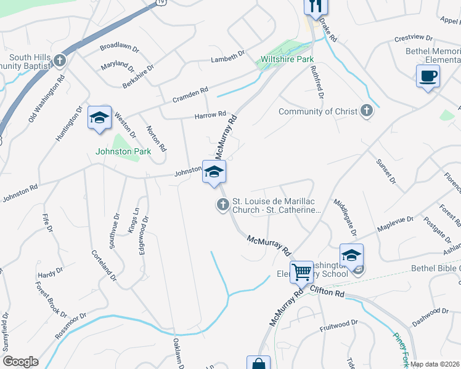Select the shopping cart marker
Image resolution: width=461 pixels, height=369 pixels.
point(301,271)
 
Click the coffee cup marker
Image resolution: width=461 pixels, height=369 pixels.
point(428,77)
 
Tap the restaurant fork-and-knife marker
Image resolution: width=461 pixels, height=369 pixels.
point(316,6)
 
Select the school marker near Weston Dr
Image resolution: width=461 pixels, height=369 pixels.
point(99,118)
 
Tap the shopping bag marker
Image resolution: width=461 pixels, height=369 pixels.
point(258,363)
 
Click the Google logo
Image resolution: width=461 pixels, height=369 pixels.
point(21,362)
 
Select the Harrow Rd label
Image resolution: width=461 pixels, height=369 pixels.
point(210,115)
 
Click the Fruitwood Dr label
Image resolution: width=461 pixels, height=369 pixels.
point(338,325)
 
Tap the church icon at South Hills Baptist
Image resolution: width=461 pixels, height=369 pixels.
point(59,60)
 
